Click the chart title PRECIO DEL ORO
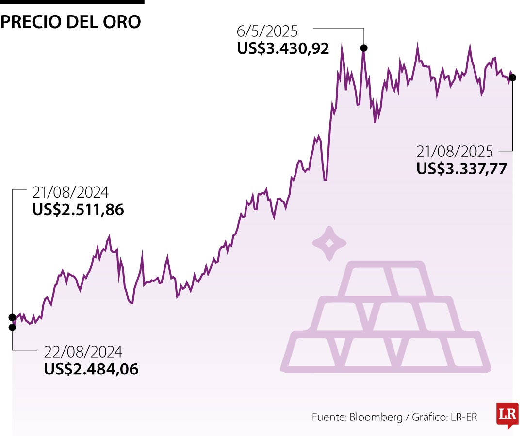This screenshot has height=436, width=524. point(71,22)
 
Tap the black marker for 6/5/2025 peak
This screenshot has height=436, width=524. point(363,47)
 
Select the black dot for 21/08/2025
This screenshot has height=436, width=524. point(513,78)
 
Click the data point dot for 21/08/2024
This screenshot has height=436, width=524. point(12,317)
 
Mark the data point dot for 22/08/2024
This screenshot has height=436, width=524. point(12,327)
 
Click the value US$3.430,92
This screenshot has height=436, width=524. point(283,48)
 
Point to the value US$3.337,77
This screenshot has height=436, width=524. point(461,169)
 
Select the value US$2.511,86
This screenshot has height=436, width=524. point(78,210)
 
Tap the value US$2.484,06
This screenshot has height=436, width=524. point(91,369)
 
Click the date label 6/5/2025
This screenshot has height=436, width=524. point(267,32)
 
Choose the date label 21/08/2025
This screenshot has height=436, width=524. point(455,152)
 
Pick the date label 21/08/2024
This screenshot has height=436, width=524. point(70,193)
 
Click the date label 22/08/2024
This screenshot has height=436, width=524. point(83,352)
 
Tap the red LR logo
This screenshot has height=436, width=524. point(507,415)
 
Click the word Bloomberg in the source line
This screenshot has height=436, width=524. point(376,417)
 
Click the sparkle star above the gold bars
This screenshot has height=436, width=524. point(329,244)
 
